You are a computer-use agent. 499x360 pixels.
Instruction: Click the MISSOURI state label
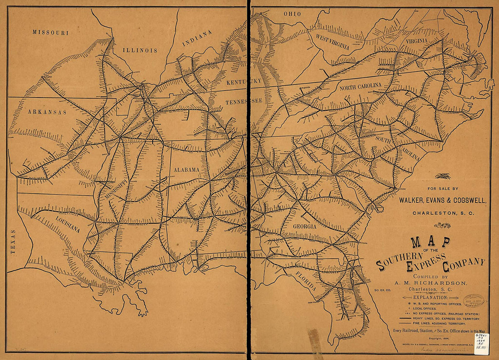(x=50, y=32)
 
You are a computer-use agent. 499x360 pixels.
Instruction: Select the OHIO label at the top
(x=292, y=14)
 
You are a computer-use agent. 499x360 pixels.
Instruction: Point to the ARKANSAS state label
(x=47, y=112)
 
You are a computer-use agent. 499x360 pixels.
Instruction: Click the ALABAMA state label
(x=186, y=170)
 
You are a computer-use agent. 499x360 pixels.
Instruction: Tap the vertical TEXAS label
(x=13, y=242)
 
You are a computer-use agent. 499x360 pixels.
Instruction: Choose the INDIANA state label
(x=197, y=39)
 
